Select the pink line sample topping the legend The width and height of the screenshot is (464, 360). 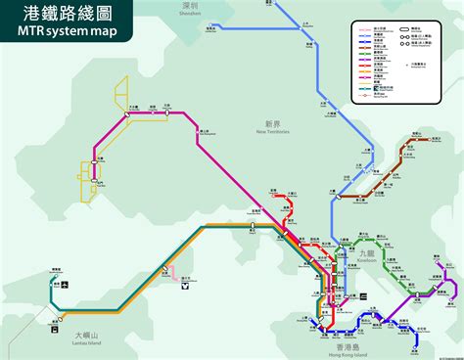coord(365,30)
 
